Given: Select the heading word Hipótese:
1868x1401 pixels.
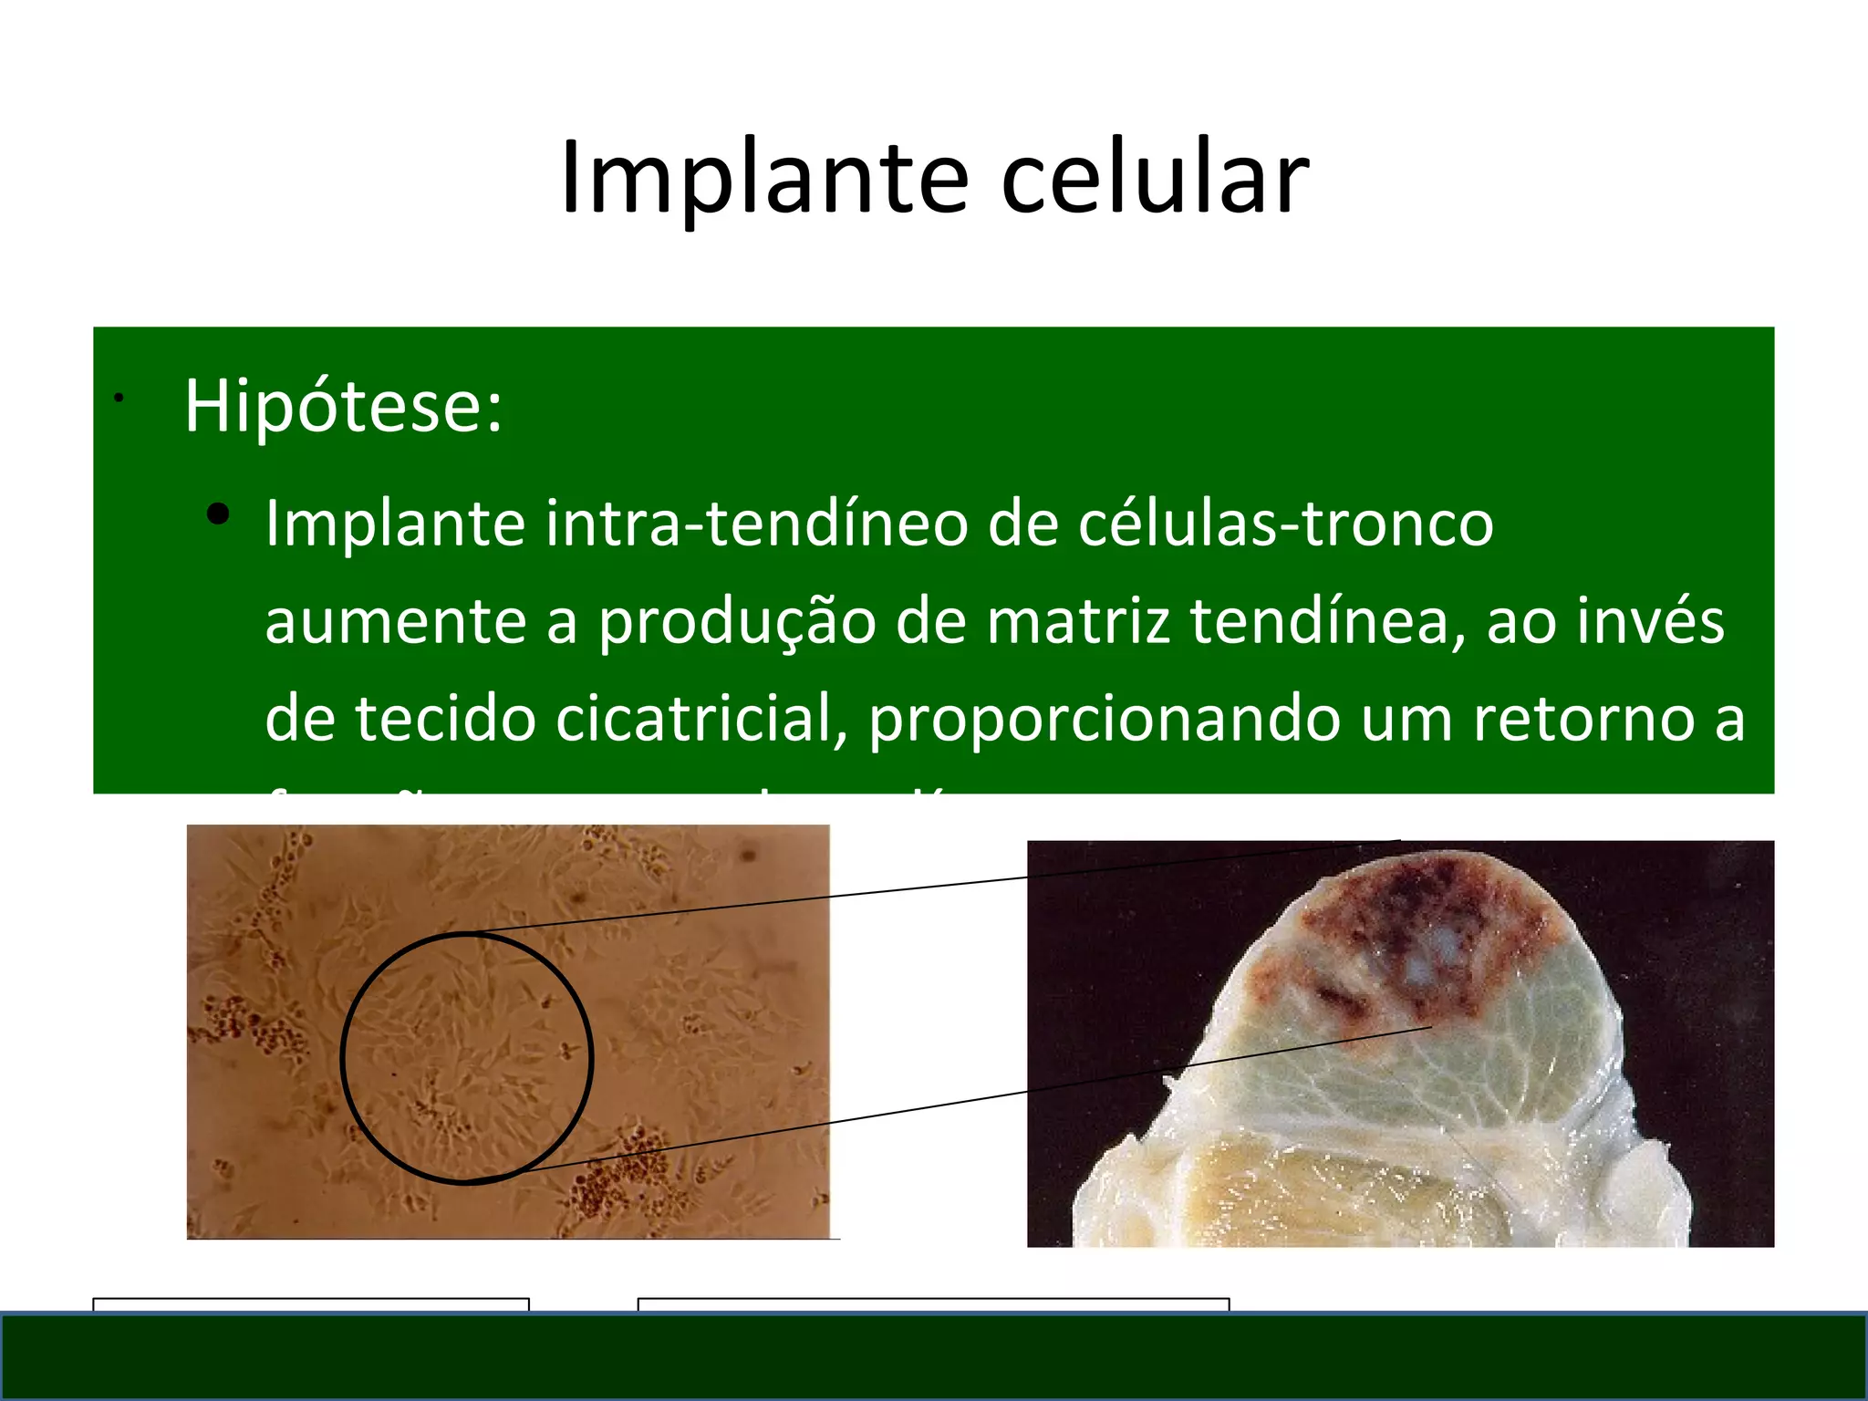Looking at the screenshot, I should point(343,406).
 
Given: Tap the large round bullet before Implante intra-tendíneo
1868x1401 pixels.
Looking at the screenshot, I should point(218,515).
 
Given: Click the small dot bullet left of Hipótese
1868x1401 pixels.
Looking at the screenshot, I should point(119,398).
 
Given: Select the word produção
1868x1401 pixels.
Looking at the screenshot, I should point(736,621).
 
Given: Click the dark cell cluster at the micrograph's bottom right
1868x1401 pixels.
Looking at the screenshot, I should point(620,1177).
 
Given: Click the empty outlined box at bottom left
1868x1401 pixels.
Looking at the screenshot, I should point(310,1304).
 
